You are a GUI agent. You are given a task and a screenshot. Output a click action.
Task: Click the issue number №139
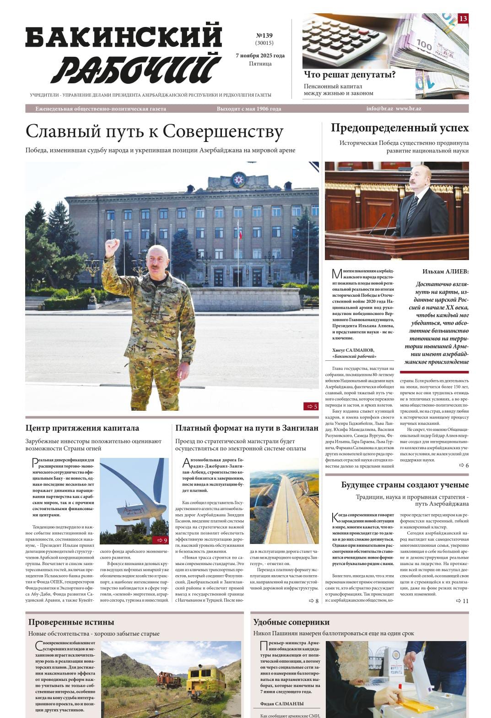pos(264,36)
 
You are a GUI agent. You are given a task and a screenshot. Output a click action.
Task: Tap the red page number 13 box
pos(463,19)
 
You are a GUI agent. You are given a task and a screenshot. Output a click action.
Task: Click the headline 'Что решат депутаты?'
pos(350,75)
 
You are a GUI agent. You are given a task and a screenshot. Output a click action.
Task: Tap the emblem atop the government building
pos(238,179)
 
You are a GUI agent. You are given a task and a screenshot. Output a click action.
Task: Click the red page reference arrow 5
pos(311,406)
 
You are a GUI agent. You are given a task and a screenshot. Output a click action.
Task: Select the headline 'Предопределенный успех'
pos(399,128)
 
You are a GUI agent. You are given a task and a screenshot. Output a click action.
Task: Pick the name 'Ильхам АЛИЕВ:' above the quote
pos(445,272)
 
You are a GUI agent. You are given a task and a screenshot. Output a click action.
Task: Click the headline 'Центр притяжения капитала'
pos(82,428)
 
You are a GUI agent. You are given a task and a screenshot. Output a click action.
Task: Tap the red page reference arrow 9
pos(160,540)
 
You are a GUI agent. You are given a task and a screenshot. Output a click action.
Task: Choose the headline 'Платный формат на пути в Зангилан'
pos(247,428)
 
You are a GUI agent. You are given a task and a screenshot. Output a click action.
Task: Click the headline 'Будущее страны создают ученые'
pos(405,485)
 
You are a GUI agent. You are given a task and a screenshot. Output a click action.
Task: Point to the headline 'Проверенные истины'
pos(71,622)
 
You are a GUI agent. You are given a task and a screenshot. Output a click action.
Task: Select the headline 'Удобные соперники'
pos(291,622)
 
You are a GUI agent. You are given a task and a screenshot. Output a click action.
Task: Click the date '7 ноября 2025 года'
pos(260,55)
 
